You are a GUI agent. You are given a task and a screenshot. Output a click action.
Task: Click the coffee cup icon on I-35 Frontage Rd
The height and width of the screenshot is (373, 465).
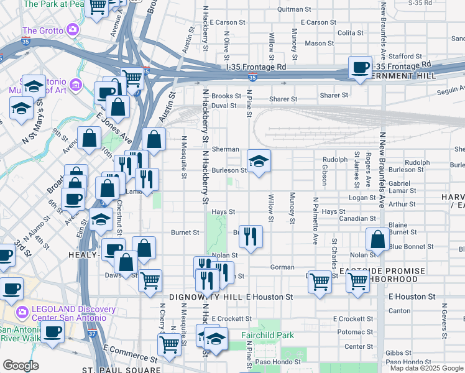[x=360, y=67]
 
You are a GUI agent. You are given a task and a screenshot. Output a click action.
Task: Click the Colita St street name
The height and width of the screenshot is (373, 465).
[x=351, y=33]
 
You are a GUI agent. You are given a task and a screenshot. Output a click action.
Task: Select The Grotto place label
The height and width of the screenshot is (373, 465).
[x=43, y=30]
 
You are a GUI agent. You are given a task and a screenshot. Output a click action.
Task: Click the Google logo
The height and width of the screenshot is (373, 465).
[x=21, y=366]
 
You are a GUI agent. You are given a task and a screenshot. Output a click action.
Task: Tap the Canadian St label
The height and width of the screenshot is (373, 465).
[x=355, y=219]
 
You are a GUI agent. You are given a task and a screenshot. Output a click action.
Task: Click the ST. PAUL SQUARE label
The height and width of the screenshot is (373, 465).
[x=121, y=369]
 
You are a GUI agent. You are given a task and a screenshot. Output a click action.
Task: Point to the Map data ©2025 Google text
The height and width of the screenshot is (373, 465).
[x=426, y=368]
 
